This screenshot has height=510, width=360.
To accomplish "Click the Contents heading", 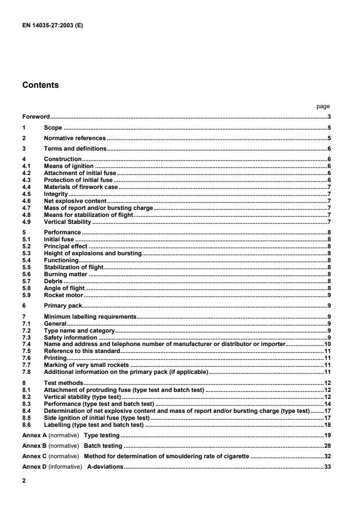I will [41, 85].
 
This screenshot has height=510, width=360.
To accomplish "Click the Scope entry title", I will [53, 127].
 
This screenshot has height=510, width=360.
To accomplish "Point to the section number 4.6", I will [26, 199].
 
